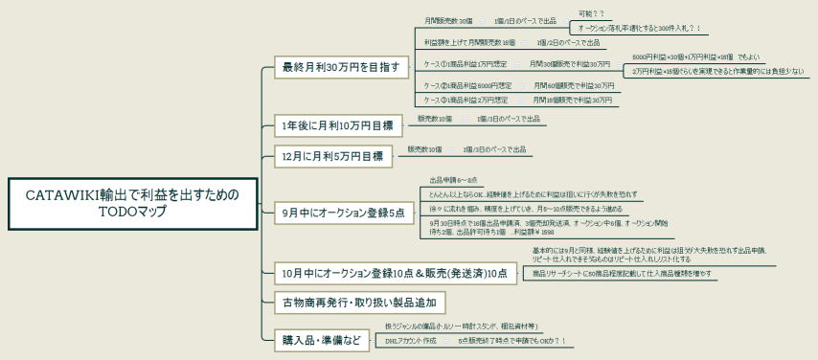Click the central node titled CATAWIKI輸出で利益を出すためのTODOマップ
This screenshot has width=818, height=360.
[x=131, y=202]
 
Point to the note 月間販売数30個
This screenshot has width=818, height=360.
[x=448, y=20]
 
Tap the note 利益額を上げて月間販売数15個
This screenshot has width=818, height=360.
[x=463, y=43]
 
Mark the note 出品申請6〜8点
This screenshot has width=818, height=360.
[x=446, y=180]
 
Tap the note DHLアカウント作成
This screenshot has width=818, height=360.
[x=410, y=340]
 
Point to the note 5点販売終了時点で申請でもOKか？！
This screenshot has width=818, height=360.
[x=512, y=340]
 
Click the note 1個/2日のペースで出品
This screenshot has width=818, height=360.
[x=568, y=43]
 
